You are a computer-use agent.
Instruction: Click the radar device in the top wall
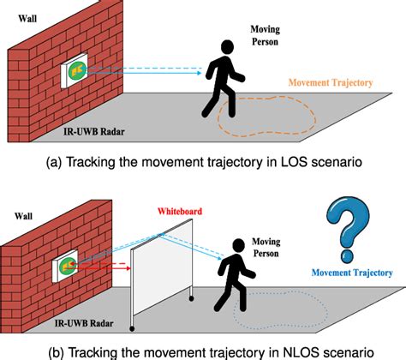[76, 75]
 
